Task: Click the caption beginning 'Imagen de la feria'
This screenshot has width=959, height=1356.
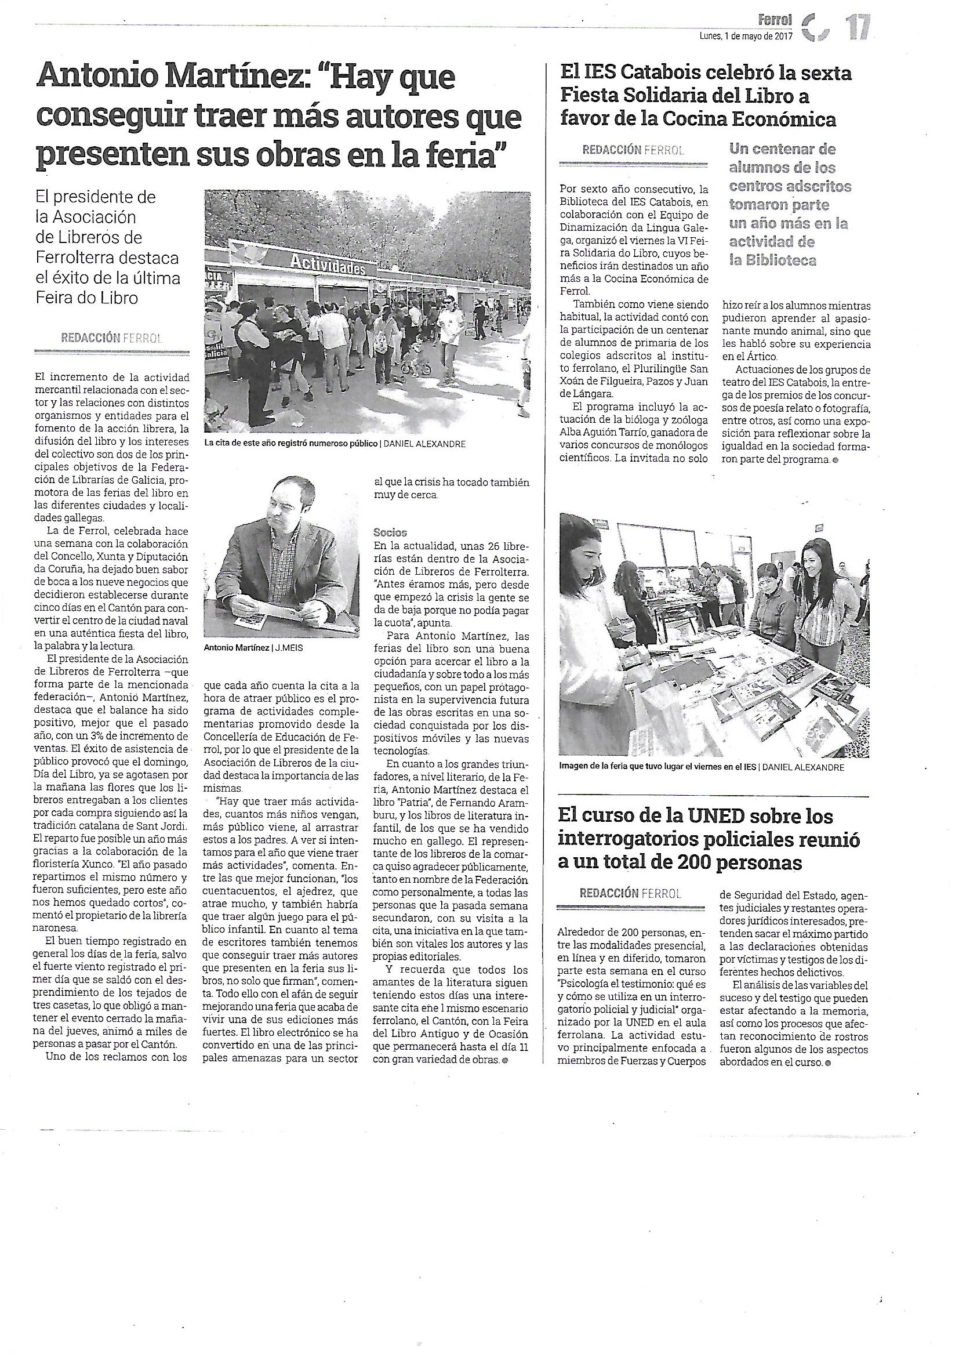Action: click(x=658, y=767)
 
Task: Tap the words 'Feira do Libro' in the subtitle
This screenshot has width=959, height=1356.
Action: click(x=87, y=298)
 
